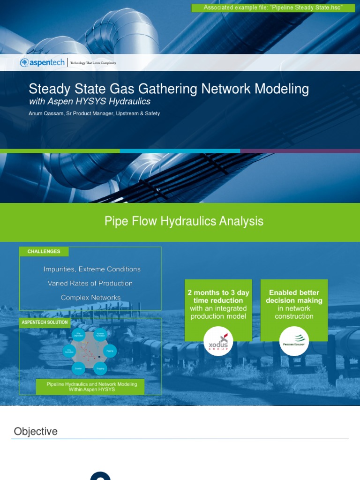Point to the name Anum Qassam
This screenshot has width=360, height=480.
45,113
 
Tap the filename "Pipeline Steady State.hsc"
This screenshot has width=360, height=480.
309,7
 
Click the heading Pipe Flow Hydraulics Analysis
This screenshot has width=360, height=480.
184,221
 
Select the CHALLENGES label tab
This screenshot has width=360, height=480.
44,252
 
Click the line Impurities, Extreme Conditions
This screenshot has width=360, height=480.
92,269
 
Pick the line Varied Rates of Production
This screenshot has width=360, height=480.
90,283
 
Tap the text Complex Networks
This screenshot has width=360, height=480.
90,297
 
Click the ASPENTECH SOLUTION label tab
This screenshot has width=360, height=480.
45,322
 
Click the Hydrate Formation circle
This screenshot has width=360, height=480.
100,335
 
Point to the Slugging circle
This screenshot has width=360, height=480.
100,369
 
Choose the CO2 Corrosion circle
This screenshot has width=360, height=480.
69,351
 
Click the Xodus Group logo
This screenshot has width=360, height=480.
218,342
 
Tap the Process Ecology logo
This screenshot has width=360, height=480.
294,342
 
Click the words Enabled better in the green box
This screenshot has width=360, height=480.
294,292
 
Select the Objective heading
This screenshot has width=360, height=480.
36,431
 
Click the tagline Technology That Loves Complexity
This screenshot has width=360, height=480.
93,63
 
